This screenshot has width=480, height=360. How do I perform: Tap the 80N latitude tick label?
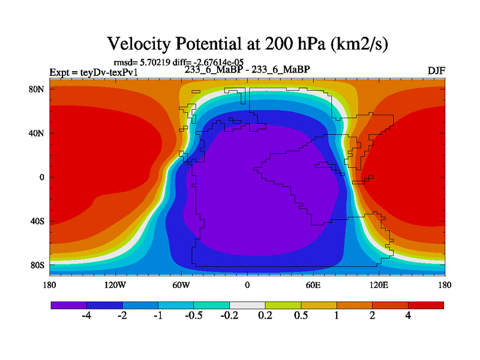point(37,89)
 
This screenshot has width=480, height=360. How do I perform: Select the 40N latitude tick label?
point(37,133)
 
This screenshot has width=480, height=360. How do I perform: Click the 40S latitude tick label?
point(38,221)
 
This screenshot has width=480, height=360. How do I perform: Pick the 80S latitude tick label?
point(38,265)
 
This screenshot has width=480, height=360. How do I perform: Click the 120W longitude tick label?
point(115,286)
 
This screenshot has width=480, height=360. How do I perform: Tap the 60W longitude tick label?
point(181,286)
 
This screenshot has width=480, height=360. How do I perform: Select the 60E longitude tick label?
point(313,286)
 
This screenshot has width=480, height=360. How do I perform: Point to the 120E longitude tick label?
point(379,286)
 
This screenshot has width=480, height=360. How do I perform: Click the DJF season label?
point(435,71)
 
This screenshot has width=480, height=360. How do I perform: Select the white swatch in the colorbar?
point(247,305)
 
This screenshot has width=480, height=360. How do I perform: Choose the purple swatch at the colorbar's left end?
point(68,305)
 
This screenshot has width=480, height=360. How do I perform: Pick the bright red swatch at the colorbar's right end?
point(426,305)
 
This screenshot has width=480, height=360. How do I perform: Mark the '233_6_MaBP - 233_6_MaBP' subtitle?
point(247,69)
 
